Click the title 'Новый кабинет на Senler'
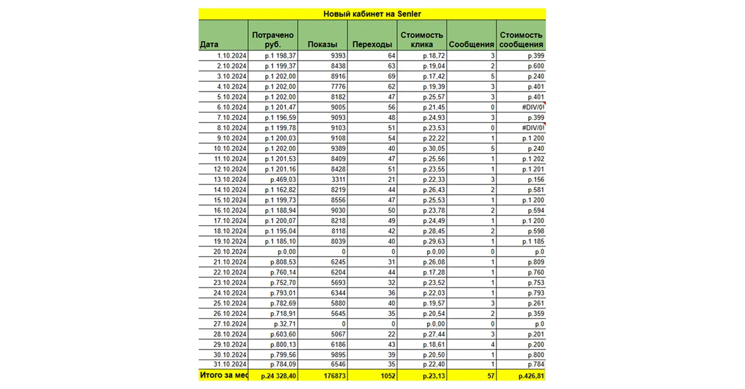[372, 14]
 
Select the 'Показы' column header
[322, 45]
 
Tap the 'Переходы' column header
[372, 45]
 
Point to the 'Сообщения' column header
[471, 45]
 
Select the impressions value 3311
[336, 179]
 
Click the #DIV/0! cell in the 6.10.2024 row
[532, 107]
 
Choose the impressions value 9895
[336, 354]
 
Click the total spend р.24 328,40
[278, 376]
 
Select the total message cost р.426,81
[531, 376]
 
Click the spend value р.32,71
[284, 324]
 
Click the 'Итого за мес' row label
[223, 376]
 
